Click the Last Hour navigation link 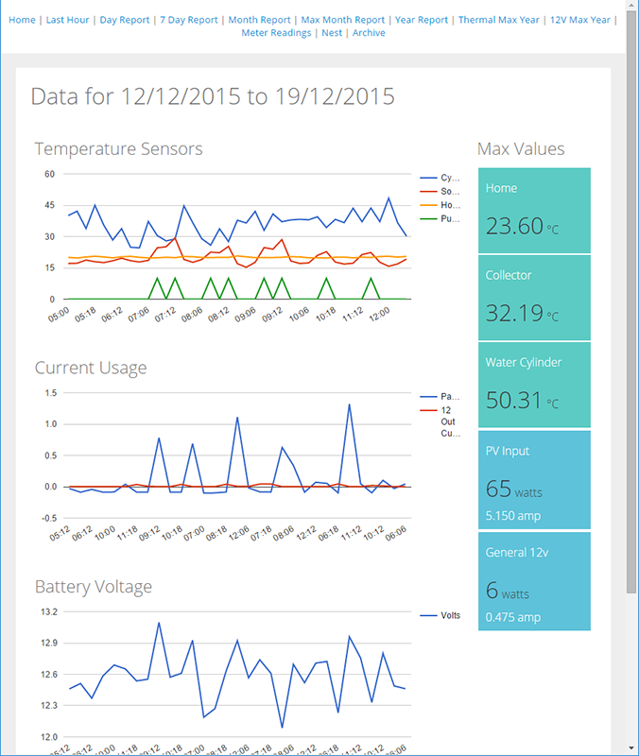[67, 20]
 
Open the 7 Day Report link [189, 20]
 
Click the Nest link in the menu [331, 33]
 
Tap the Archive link [369, 33]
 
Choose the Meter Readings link [276, 33]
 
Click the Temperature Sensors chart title [118, 148]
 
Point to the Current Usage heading [91, 368]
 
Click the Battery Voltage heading [94, 587]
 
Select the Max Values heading [521, 148]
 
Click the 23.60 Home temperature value [514, 226]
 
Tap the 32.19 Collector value [514, 313]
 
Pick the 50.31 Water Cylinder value [514, 400]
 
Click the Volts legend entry [450, 615]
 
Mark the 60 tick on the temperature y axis [49, 174]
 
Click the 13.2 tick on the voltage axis [46, 611]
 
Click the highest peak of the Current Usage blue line [350, 404]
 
